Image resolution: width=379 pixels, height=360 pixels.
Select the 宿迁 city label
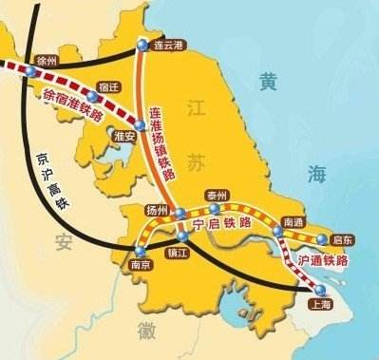[x=117, y=85]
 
